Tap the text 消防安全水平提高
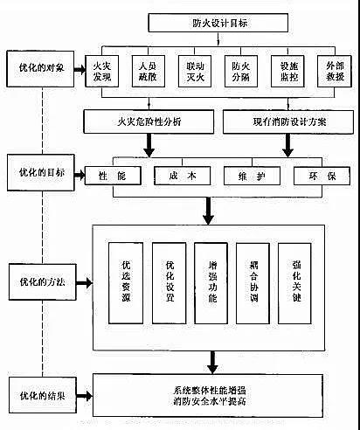[215, 401]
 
